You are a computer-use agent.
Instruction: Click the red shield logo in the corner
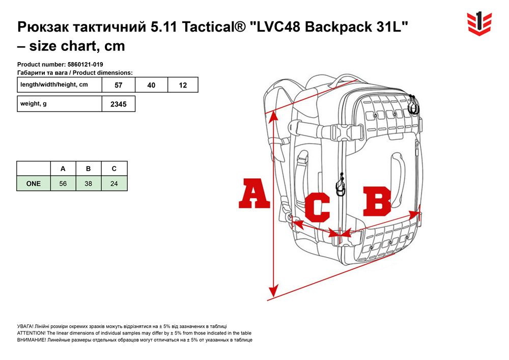pos(479,23)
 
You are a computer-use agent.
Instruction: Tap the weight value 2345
pos(119,104)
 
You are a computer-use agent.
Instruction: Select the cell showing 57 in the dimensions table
pos(119,85)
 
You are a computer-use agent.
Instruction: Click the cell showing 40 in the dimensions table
pos(151,85)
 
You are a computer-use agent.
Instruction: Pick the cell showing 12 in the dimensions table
pos(183,85)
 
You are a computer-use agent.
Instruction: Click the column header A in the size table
pos(63,169)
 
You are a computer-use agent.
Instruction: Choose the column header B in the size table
pos(88,169)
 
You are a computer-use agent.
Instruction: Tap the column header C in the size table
pos(114,169)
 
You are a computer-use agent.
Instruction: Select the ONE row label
pos(34,184)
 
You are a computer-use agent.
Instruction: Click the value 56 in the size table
pos(63,184)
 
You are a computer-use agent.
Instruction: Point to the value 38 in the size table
pos(88,184)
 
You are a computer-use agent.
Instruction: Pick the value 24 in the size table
pos(114,184)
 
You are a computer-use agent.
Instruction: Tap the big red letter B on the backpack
pos(377,201)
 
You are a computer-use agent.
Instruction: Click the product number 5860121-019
pos(86,64)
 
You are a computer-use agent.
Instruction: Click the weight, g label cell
pos(60,104)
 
